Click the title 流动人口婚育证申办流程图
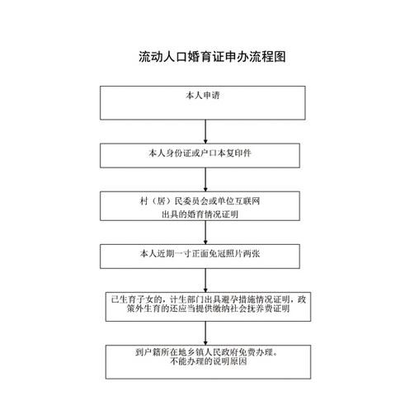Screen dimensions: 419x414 (x=212, y=57)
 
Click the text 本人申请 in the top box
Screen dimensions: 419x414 (x=203, y=96)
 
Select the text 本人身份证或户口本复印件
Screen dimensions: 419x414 (x=200, y=153)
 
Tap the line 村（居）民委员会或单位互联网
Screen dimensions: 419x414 (x=200, y=201)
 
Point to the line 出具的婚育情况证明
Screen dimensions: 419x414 (x=200, y=214)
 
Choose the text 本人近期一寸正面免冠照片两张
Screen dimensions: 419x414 (x=200, y=253)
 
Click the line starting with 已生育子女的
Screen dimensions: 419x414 (x=209, y=299)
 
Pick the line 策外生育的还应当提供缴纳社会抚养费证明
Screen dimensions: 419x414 (x=209, y=308)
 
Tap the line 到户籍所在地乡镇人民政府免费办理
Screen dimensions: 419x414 (x=206, y=352)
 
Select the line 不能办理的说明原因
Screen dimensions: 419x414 (x=209, y=361)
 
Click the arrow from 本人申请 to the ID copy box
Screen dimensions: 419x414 (x=205, y=131)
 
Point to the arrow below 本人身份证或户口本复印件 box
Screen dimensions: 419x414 (x=205, y=180)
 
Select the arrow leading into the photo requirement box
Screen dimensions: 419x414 (x=205, y=233)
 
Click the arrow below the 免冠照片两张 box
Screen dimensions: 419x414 (x=205, y=280)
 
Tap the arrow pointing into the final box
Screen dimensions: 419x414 (x=205, y=333)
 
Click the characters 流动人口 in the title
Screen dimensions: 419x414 (x=162, y=57)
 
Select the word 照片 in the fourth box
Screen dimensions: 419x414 (x=234, y=253)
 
